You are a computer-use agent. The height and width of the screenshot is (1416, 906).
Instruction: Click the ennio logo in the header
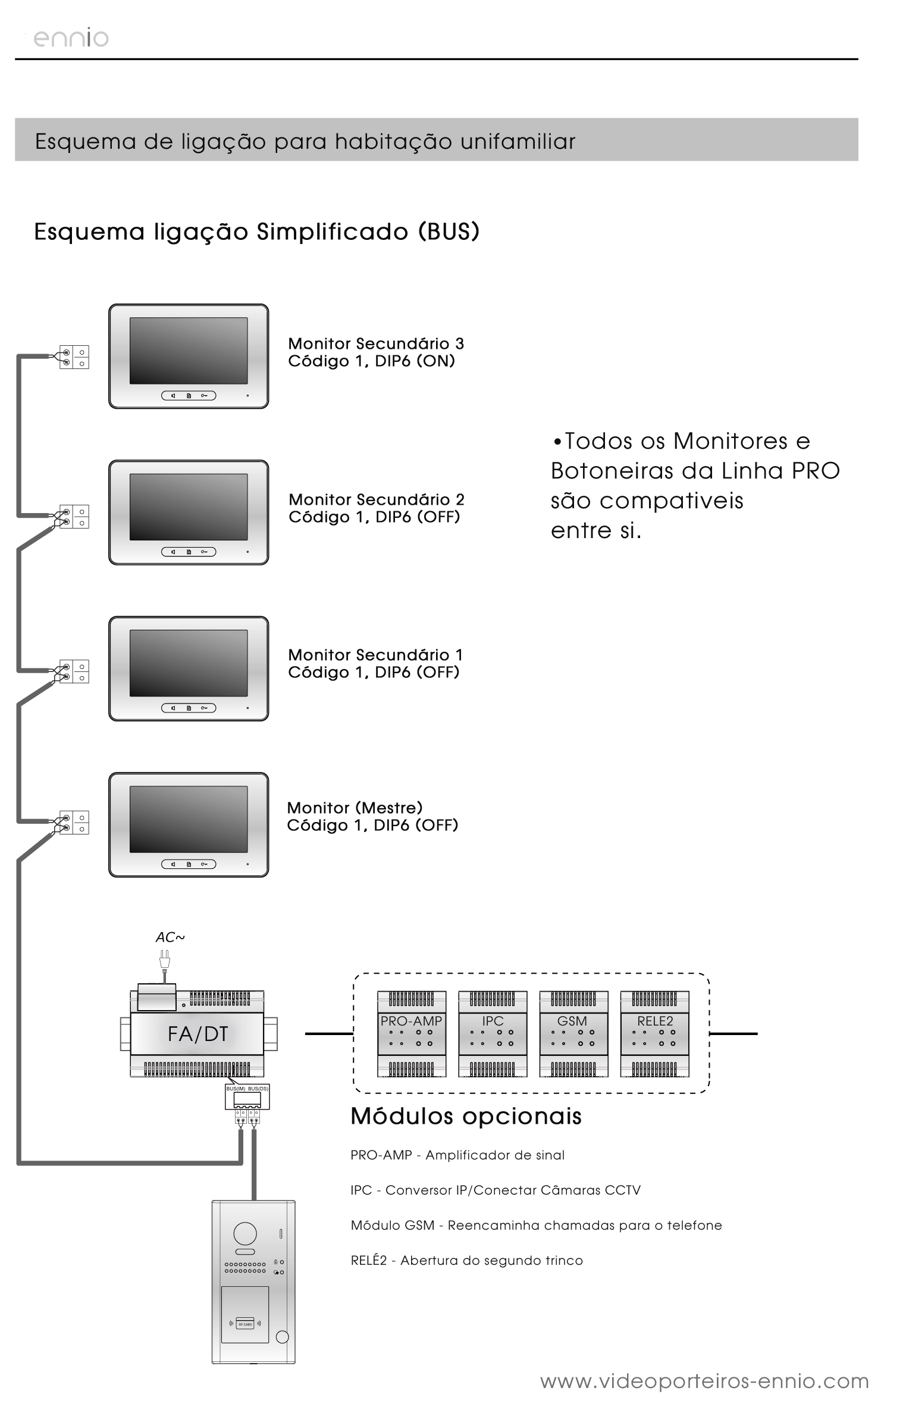click(x=71, y=39)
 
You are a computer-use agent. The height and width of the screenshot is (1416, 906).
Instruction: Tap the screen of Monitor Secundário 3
click(x=189, y=351)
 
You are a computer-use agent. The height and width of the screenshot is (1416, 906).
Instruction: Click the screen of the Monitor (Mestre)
click(x=189, y=819)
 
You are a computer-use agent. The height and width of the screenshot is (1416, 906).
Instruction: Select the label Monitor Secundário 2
click(x=376, y=499)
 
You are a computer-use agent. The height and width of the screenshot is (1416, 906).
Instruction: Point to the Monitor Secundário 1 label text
click(x=375, y=655)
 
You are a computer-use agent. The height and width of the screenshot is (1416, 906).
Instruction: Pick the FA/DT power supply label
click(x=197, y=1034)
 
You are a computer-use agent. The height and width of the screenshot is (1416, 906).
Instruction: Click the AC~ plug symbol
click(x=165, y=959)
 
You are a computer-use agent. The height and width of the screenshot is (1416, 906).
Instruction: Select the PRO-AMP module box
click(x=412, y=1034)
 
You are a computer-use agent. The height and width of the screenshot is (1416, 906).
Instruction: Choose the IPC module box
click(x=493, y=1034)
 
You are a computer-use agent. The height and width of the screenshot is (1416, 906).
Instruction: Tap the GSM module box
click(x=573, y=1034)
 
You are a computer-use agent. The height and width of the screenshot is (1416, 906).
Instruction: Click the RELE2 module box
click(x=654, y=1034)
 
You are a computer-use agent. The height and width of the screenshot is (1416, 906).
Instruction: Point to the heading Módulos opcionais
click(x=466, y=1116)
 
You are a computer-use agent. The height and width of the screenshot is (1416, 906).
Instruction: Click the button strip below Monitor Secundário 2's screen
click(x=189, y=552)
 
